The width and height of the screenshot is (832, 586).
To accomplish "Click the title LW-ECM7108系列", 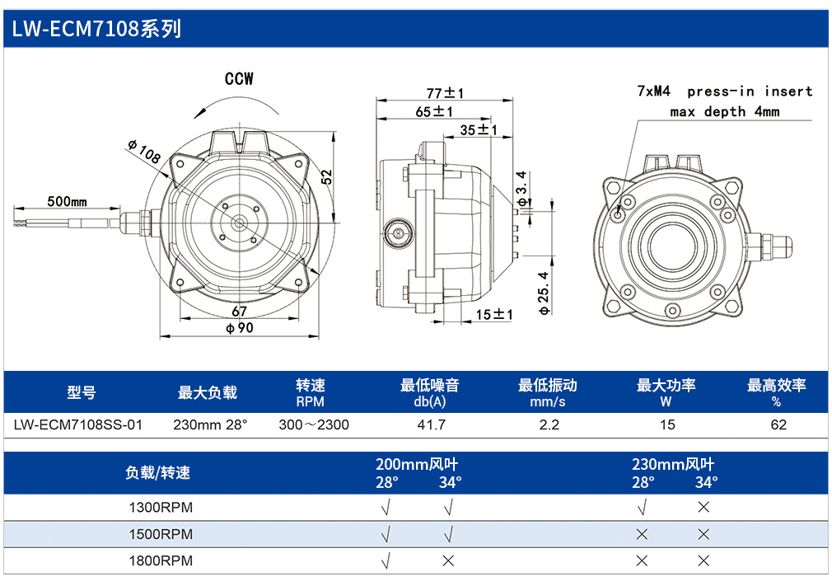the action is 96,29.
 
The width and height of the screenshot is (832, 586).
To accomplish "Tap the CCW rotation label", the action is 239,78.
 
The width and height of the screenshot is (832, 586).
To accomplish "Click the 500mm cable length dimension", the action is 67,201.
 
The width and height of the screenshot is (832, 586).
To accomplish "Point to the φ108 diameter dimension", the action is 144,152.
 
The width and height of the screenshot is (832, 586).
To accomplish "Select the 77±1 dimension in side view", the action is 445,93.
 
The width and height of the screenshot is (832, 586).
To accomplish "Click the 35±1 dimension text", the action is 478,129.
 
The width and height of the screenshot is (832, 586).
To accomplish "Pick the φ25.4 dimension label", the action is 544,293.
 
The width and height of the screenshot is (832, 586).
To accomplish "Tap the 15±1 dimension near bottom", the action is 493,314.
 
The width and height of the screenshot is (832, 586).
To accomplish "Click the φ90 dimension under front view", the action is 240,328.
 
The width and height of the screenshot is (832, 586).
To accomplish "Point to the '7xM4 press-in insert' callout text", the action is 724,91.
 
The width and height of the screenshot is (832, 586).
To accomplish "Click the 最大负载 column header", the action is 208,392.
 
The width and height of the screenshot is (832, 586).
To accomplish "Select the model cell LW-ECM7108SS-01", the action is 78,424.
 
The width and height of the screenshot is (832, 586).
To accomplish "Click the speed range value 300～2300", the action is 314,424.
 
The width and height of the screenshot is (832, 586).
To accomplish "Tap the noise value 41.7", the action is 431,424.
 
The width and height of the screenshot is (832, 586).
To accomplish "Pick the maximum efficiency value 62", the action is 778,424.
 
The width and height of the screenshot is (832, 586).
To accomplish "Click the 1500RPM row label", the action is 161,534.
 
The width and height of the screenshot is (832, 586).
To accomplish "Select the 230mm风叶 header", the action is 673,465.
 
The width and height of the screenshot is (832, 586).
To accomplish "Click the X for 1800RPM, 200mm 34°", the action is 448,560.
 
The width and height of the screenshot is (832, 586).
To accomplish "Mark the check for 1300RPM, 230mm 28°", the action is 642,508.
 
